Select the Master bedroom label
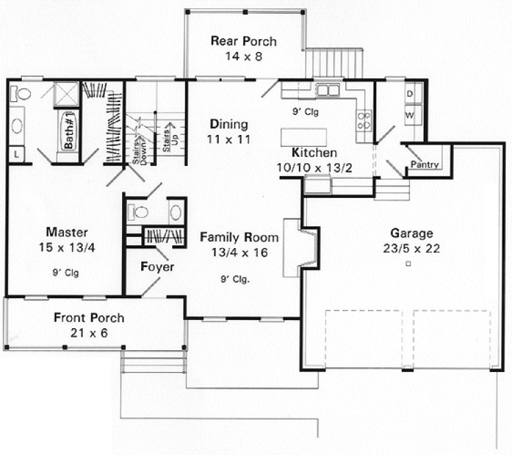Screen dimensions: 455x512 66,232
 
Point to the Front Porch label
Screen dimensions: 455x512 89,318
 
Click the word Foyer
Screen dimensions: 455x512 158,267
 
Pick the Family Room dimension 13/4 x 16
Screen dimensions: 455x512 239,252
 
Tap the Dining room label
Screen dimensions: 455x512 229,124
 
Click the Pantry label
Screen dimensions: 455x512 424,165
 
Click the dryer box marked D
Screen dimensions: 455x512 409,94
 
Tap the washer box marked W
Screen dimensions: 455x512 409,115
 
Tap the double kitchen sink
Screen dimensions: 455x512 327,90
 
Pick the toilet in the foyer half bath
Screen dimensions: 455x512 140,212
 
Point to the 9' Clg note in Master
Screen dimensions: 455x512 66,273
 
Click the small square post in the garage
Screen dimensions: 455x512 408,263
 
